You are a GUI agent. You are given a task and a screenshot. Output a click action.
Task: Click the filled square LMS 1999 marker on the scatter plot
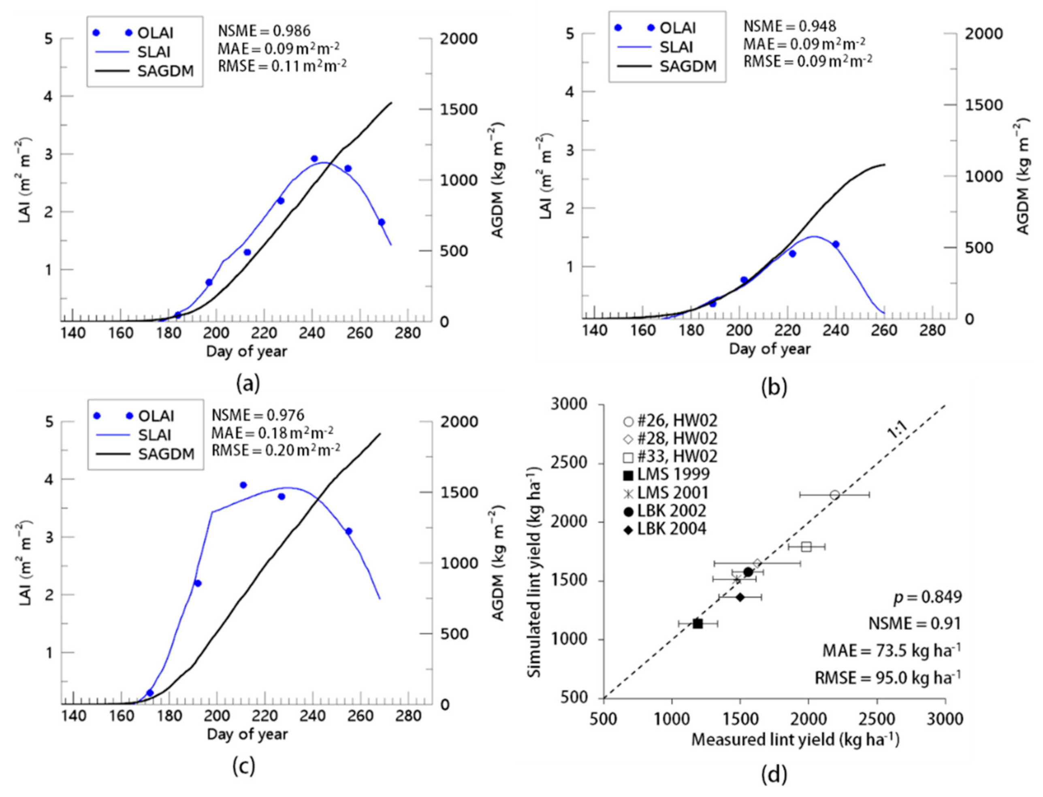coord(697,623)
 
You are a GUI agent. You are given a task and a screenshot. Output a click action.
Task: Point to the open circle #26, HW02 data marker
coord(835,495)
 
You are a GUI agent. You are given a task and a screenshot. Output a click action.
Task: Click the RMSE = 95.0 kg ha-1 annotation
coord(887,678)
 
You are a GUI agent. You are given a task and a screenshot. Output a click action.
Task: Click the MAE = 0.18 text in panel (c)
coord(272,432)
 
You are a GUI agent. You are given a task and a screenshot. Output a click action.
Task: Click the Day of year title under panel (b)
coord(770,349)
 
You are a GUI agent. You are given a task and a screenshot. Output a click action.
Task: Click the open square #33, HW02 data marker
coord(806,546)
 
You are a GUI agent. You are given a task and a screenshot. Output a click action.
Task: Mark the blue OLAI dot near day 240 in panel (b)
coord(836,244)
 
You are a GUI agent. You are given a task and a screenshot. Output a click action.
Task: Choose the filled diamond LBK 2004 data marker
coord(740,597)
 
